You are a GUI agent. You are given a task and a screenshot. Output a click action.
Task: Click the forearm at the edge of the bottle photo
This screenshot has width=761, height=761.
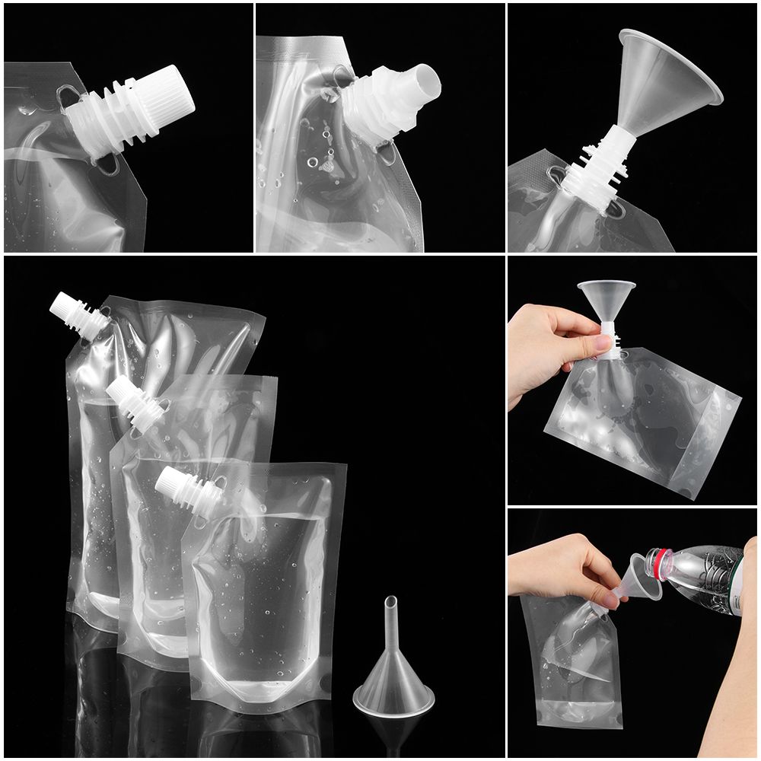pos(731,685)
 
